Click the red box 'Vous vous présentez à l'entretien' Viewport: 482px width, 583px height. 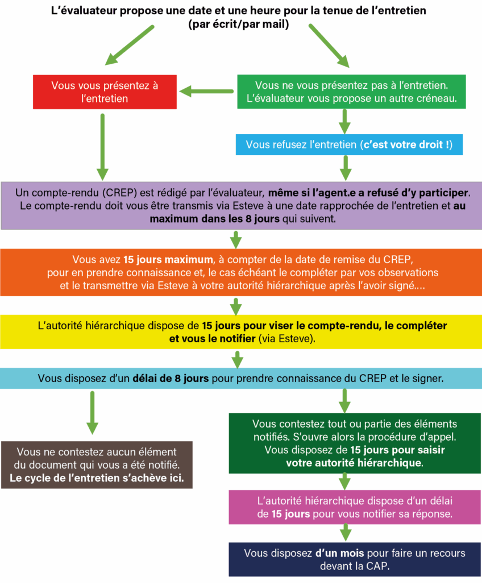105,92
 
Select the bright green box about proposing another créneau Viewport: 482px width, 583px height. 351,92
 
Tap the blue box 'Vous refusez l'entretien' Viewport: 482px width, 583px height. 349,144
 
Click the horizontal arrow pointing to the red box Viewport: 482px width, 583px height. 206,91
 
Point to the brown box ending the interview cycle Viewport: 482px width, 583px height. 97,465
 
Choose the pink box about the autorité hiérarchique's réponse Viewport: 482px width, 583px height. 355,507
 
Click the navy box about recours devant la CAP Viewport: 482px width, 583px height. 355,560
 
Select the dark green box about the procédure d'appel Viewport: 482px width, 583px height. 355,443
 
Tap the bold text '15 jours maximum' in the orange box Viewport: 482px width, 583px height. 168,260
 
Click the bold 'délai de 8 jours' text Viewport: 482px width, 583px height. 171,379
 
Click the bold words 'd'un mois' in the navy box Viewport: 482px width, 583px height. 340,553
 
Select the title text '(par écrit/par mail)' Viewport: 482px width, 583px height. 238,24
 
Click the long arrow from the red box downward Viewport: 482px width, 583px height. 102,147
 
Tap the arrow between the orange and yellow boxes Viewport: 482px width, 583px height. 236,306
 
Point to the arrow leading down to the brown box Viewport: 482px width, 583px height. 92,413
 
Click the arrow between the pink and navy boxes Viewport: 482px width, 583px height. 346,532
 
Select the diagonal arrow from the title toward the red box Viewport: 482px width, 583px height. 129,46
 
